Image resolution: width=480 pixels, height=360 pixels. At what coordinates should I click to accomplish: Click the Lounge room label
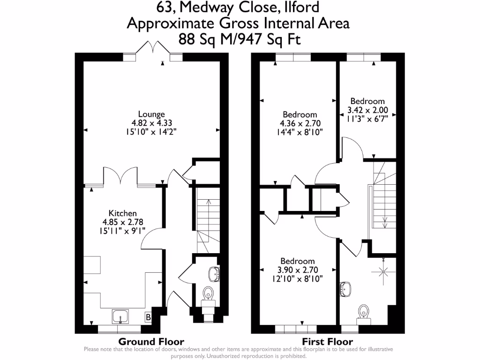[x=151, y=114]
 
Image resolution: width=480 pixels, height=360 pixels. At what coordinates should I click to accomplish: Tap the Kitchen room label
[x=122, y=213]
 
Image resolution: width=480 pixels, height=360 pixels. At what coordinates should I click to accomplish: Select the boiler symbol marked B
[x=148, y=317]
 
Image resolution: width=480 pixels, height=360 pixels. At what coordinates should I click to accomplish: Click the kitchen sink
[x=120, y=316]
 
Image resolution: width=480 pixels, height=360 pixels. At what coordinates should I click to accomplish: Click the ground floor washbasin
[x=214, y=274]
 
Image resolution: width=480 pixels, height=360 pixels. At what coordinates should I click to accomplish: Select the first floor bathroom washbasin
[x=345, y=289]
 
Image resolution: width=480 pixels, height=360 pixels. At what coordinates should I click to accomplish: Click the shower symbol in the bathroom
[x=383, y=271]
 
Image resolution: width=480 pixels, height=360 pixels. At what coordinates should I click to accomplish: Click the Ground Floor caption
[x=151, y=341]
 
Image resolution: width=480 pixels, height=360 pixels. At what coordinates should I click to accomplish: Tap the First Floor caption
[x=328, y=341]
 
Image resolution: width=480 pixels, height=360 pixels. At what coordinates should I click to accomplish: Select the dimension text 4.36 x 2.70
[x=300, y=123]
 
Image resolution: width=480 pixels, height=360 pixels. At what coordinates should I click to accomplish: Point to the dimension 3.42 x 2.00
[x=367, y=110]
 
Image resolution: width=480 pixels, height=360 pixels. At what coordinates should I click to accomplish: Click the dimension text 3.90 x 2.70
[x=298, y=270]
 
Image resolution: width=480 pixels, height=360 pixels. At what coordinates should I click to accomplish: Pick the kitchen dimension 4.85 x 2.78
[x=123, y=222]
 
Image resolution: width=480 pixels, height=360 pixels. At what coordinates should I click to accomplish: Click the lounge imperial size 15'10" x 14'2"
[x=151, y=132]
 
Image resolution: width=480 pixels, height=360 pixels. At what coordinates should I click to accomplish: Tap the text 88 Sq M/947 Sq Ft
[x=240, y=39]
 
